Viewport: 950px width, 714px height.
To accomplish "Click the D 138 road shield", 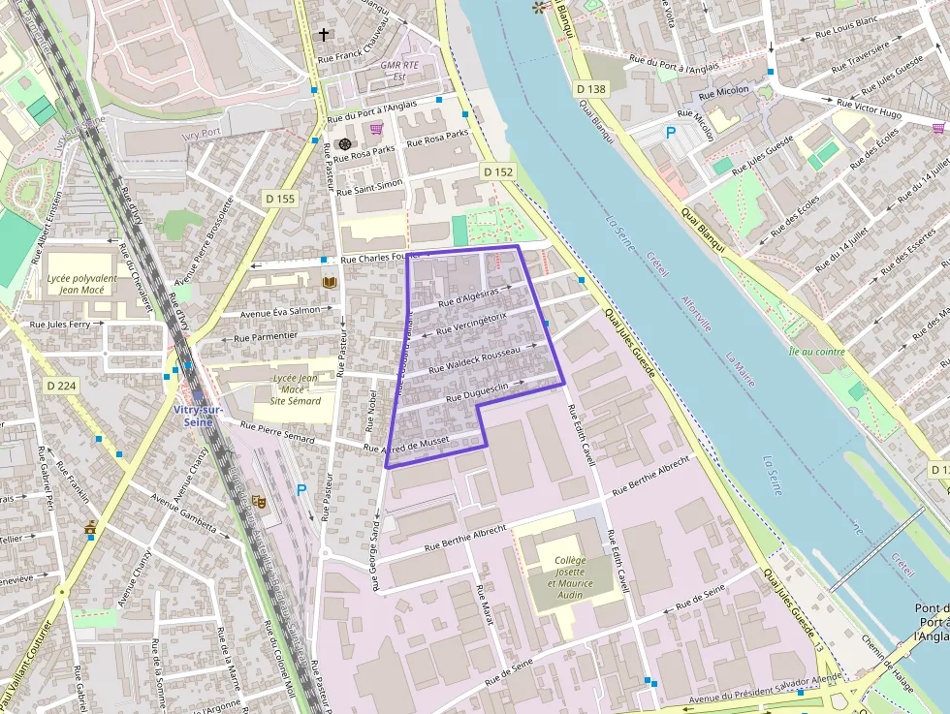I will tap(590, 89).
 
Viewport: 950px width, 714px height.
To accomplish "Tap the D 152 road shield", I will tap(498, 171).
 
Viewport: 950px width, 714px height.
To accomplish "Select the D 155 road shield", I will tap(279, 199).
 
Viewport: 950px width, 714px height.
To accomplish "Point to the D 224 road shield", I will tap(62, 385).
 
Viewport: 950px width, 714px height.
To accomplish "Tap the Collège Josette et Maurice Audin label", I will tap(570, 577).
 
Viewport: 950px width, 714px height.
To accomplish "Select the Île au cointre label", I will tap(817, 352).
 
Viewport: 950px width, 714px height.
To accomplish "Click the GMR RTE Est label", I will tap(400, 71).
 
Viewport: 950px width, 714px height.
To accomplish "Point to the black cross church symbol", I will tap(323, 35).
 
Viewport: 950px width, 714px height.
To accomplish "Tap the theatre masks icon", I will tap(259, 501).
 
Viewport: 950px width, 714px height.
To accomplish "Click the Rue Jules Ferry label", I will tap(60, 325).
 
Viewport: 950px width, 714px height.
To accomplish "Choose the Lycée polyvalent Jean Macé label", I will tap(82, 284).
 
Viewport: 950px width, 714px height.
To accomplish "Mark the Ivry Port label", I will tap(202, 133).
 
